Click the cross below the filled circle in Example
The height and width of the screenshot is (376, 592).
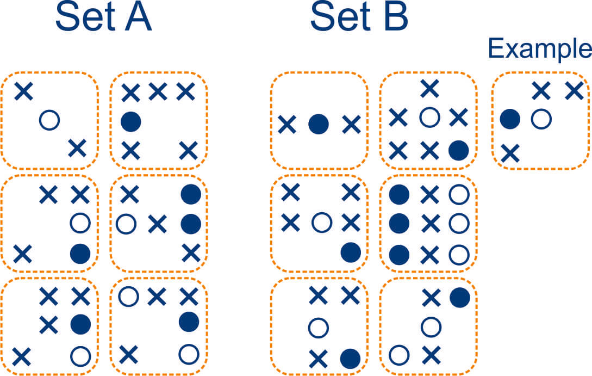tap(510, 153)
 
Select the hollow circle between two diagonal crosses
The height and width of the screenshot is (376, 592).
tap(49, 119)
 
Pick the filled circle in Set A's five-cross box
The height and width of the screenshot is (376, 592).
tap(130, 121)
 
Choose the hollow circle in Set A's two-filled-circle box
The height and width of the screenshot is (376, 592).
tap(126, 223)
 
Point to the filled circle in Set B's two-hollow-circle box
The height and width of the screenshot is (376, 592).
tap(459, 296)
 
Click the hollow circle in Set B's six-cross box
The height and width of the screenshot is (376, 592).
tap(430, 118)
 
